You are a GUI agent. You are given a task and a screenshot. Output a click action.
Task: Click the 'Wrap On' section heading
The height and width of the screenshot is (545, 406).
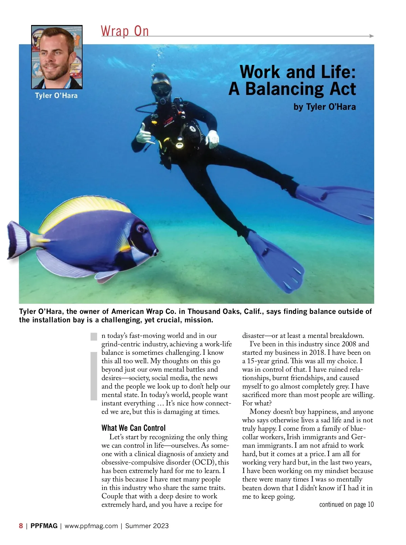[125, 31]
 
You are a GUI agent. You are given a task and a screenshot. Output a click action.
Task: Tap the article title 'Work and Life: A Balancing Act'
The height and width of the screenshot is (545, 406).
[293, 80]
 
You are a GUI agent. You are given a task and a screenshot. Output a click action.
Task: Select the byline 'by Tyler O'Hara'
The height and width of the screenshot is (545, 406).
[324, 107]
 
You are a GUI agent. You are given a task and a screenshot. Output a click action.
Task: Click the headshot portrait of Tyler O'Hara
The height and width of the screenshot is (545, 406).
[57, 57]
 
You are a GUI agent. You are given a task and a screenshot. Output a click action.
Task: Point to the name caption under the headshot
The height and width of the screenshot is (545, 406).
[56, 96]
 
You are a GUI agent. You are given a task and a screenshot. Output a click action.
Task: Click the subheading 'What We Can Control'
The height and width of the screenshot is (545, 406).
[133, 428]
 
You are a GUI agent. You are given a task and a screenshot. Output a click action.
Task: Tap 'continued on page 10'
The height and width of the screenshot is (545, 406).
[346, 504]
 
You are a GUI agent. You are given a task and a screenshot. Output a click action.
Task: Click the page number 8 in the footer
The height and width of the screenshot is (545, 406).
[21, 526]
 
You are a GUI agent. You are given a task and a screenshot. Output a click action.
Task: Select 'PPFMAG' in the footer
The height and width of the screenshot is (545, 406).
[44, 526]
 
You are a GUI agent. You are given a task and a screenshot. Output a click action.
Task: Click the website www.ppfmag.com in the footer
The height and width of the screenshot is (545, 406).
[91, 526]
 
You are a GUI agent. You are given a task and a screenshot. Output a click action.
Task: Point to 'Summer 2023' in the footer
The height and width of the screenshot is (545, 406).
[147, 526]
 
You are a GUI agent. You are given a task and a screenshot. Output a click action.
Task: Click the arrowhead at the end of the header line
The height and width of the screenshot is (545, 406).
[372, 36]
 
